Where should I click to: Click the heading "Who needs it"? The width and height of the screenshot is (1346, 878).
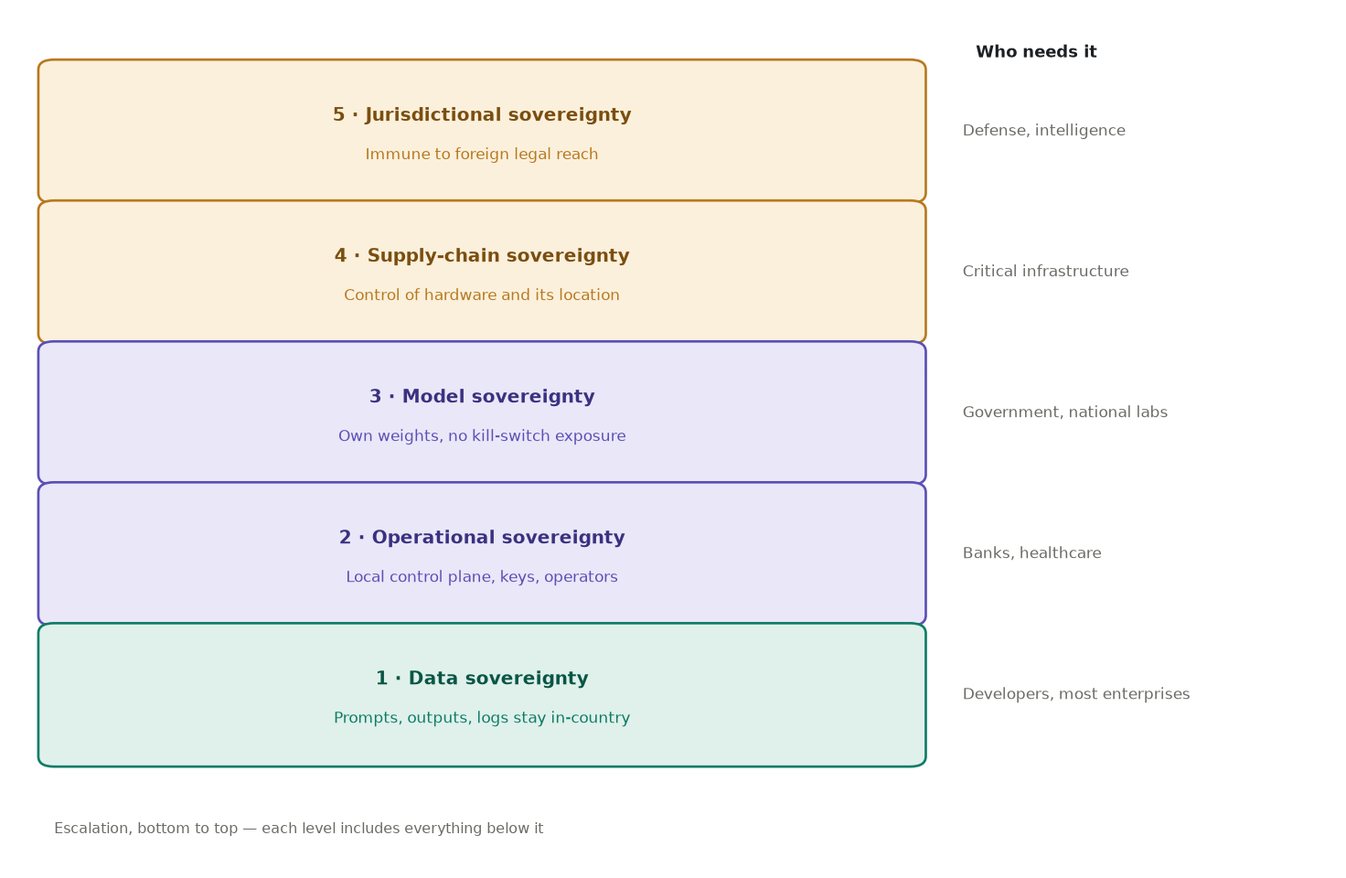click(1036, 52)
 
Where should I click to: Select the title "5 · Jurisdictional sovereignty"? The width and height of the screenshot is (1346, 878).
click(482, 115)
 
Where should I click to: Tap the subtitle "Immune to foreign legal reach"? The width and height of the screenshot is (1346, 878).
click(482, 155)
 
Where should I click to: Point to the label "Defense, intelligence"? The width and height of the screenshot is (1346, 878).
click(1043, 131)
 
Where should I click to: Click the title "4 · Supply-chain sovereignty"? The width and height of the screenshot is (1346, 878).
click(482, 256)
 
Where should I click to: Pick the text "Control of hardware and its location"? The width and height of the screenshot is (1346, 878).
click(482, 295)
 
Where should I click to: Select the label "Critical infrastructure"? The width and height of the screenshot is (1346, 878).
click(1045, 272)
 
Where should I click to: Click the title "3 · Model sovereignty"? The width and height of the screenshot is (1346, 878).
click(482, 397)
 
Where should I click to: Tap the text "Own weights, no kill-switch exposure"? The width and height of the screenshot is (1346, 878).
click(482, 436)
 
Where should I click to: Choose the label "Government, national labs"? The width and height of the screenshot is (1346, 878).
click(1064, 412)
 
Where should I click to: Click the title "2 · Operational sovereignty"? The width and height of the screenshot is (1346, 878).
click(482, 537)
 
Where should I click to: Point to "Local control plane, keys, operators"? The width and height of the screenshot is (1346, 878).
click(482, 577)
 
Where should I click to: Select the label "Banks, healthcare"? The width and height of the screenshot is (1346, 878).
click(1031, 553)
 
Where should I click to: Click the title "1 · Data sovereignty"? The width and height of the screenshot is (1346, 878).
click(482, 679)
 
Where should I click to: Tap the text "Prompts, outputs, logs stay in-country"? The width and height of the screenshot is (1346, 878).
click(482, 718)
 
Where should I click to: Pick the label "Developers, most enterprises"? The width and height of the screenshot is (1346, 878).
click(1076, 694)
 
